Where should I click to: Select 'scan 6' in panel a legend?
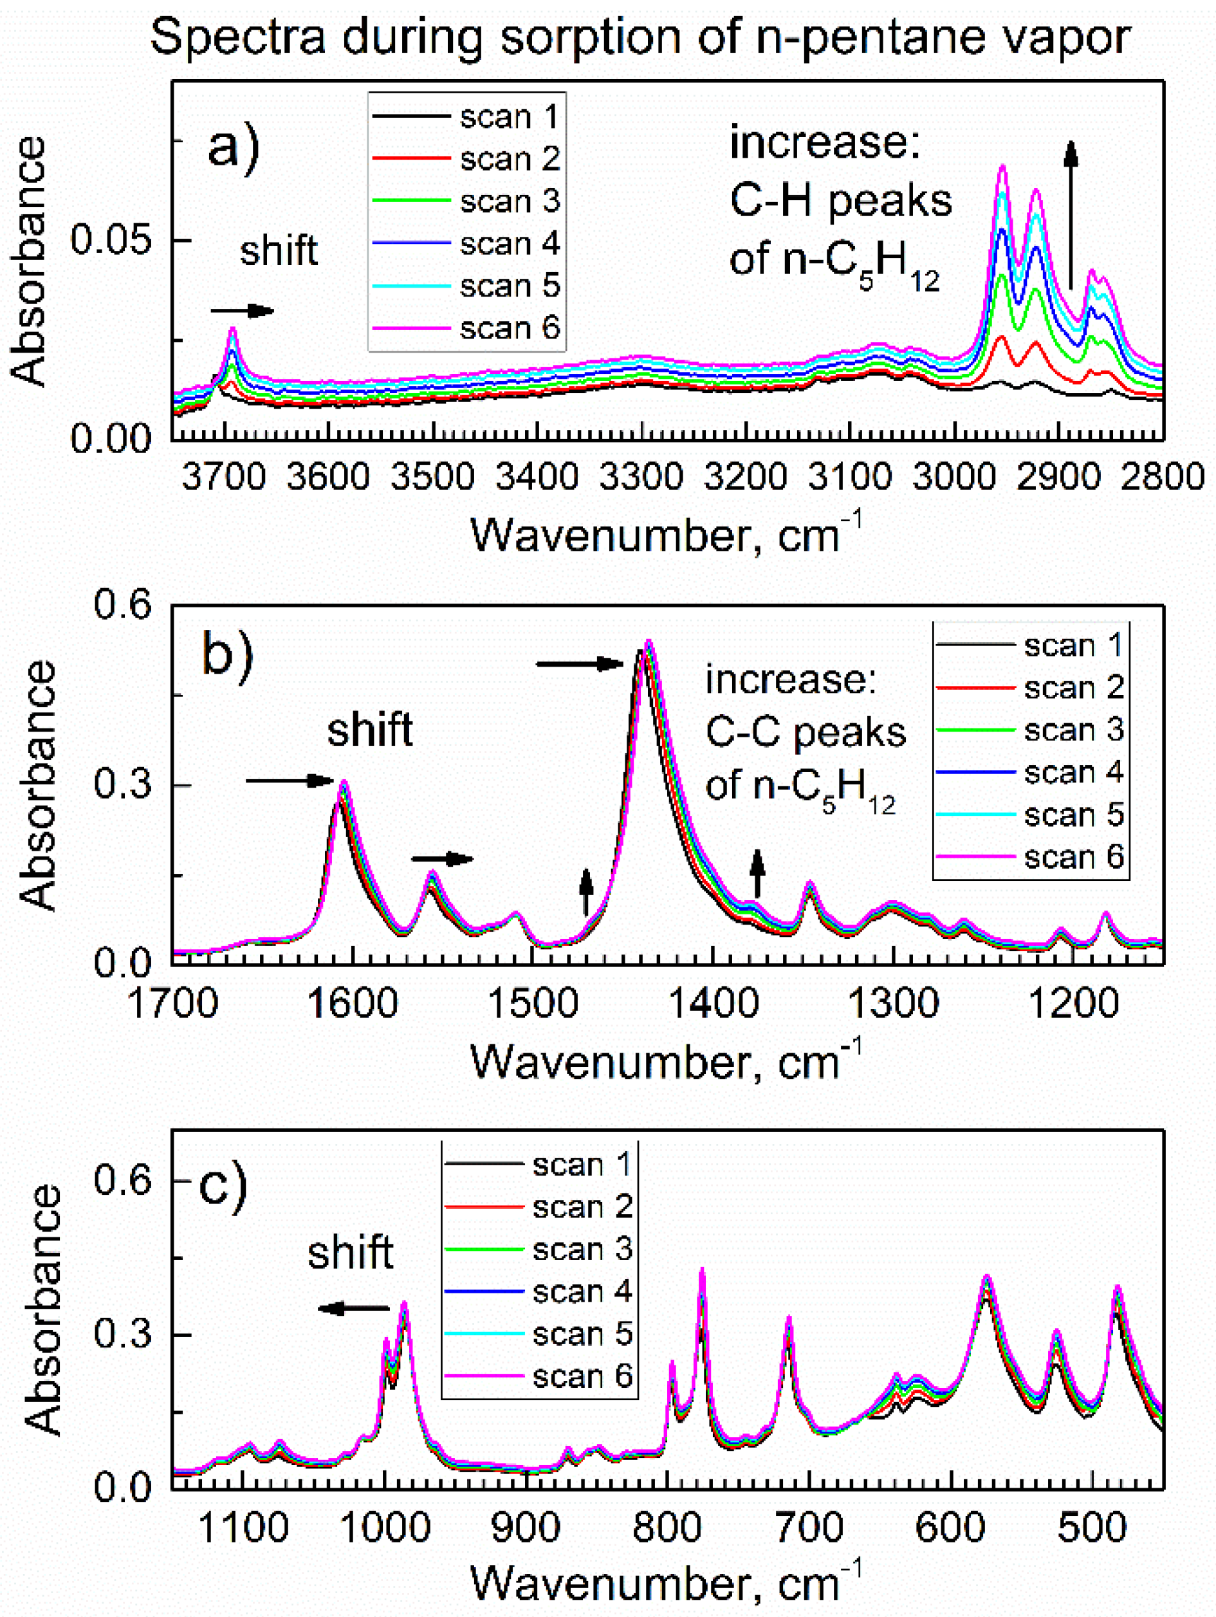510,328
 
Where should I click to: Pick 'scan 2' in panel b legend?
1073,687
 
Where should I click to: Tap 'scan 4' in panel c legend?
582,1311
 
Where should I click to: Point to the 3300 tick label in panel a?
641,477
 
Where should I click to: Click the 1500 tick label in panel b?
532,1003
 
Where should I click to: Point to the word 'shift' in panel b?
370,730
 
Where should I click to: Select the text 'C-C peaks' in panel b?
806,732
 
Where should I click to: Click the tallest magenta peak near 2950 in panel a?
1002,167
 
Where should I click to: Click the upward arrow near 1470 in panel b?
585,891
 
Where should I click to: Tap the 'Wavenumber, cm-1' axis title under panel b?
666,1062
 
